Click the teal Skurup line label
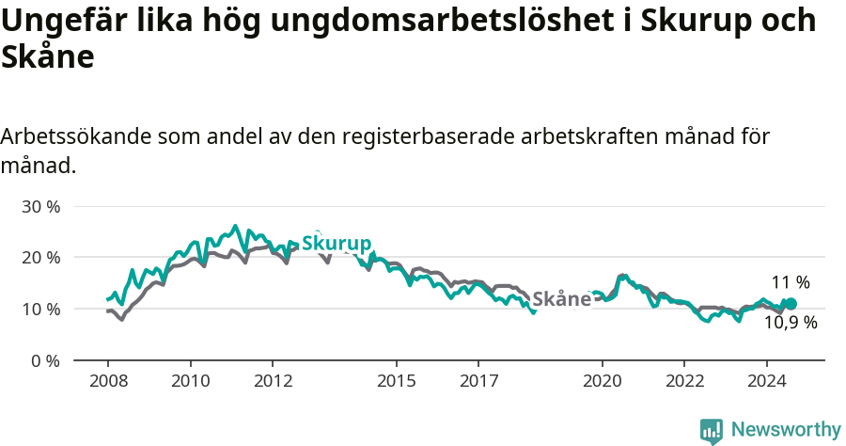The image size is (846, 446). click(336, 244)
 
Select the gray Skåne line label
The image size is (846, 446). click(562, 299)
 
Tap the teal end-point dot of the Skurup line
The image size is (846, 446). click(791, 304)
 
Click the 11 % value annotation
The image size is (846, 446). click(791, 282)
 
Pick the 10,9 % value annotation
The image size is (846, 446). click(790, 323)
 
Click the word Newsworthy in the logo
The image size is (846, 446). click(786, 430)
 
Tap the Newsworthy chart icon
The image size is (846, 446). click(712, 431)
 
